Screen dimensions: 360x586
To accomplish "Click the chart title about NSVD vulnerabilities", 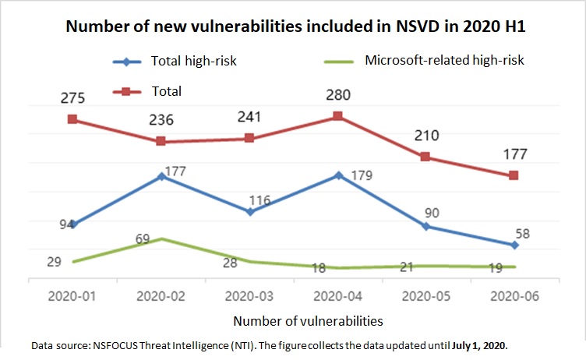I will pos(292,26).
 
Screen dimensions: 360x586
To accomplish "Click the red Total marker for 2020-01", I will pos(72,119).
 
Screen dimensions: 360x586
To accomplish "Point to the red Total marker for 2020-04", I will pos(337,116).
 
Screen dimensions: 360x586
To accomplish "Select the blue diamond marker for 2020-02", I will pos(161,176).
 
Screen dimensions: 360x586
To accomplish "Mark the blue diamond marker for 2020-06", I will pos(515,245).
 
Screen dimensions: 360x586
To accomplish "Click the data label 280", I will pos(337,96).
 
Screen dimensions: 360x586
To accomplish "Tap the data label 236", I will pos(161,121).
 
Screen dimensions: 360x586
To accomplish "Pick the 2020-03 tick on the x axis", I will pos(249,297).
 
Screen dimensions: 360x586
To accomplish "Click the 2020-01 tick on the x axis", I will pos(72,297).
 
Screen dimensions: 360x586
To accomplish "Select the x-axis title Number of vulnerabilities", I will pos(308,320).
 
